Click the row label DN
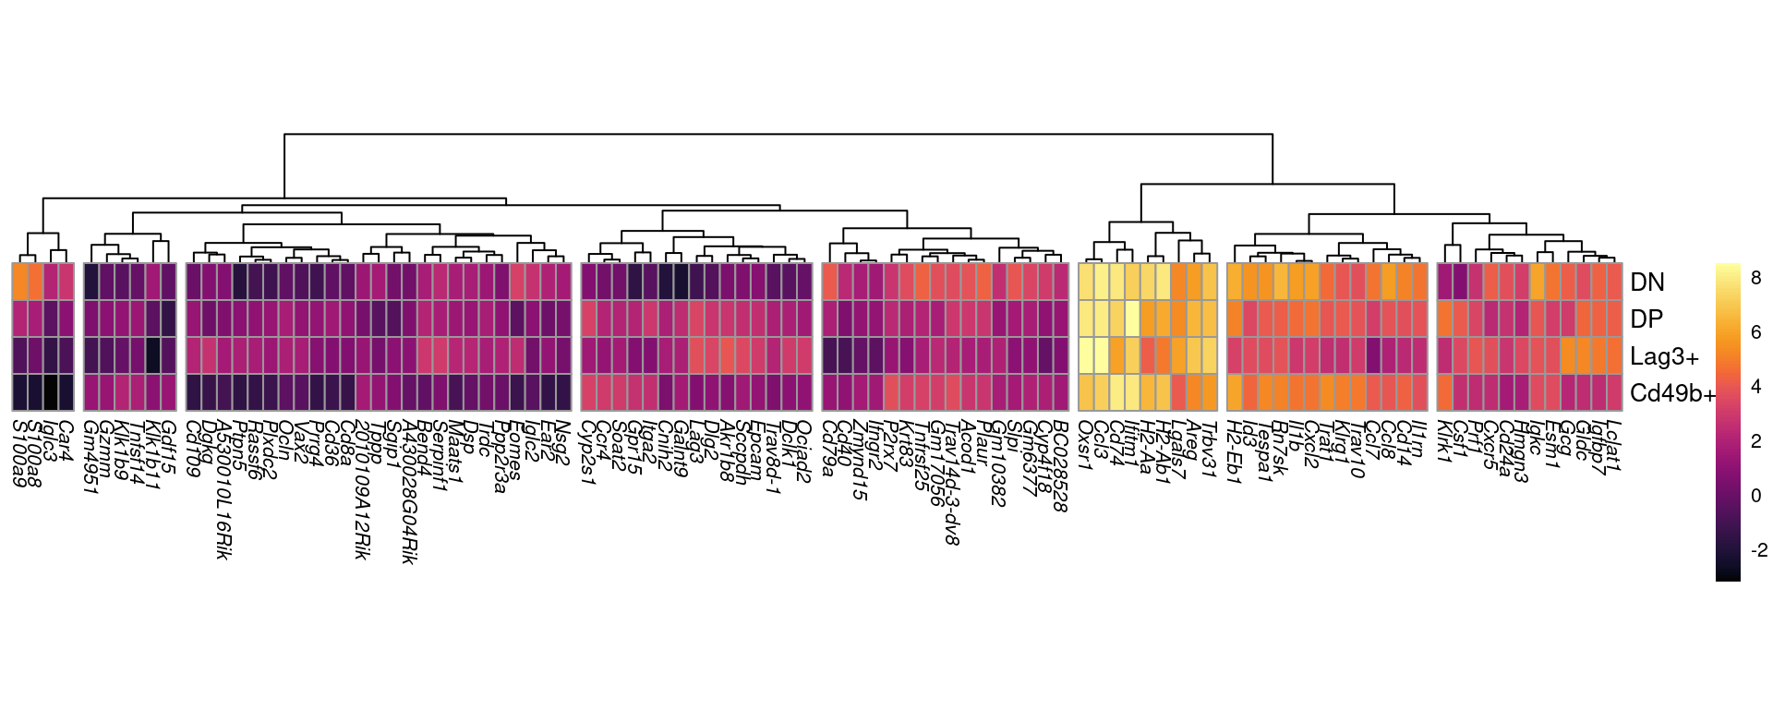1646,282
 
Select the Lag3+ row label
1664,356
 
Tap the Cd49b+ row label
1672,393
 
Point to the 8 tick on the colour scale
1755,278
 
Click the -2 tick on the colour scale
1758,550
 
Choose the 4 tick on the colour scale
1755,387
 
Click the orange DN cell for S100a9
19,282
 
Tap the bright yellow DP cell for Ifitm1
1132,318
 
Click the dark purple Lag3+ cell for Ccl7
1373,355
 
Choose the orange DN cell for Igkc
1538,282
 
